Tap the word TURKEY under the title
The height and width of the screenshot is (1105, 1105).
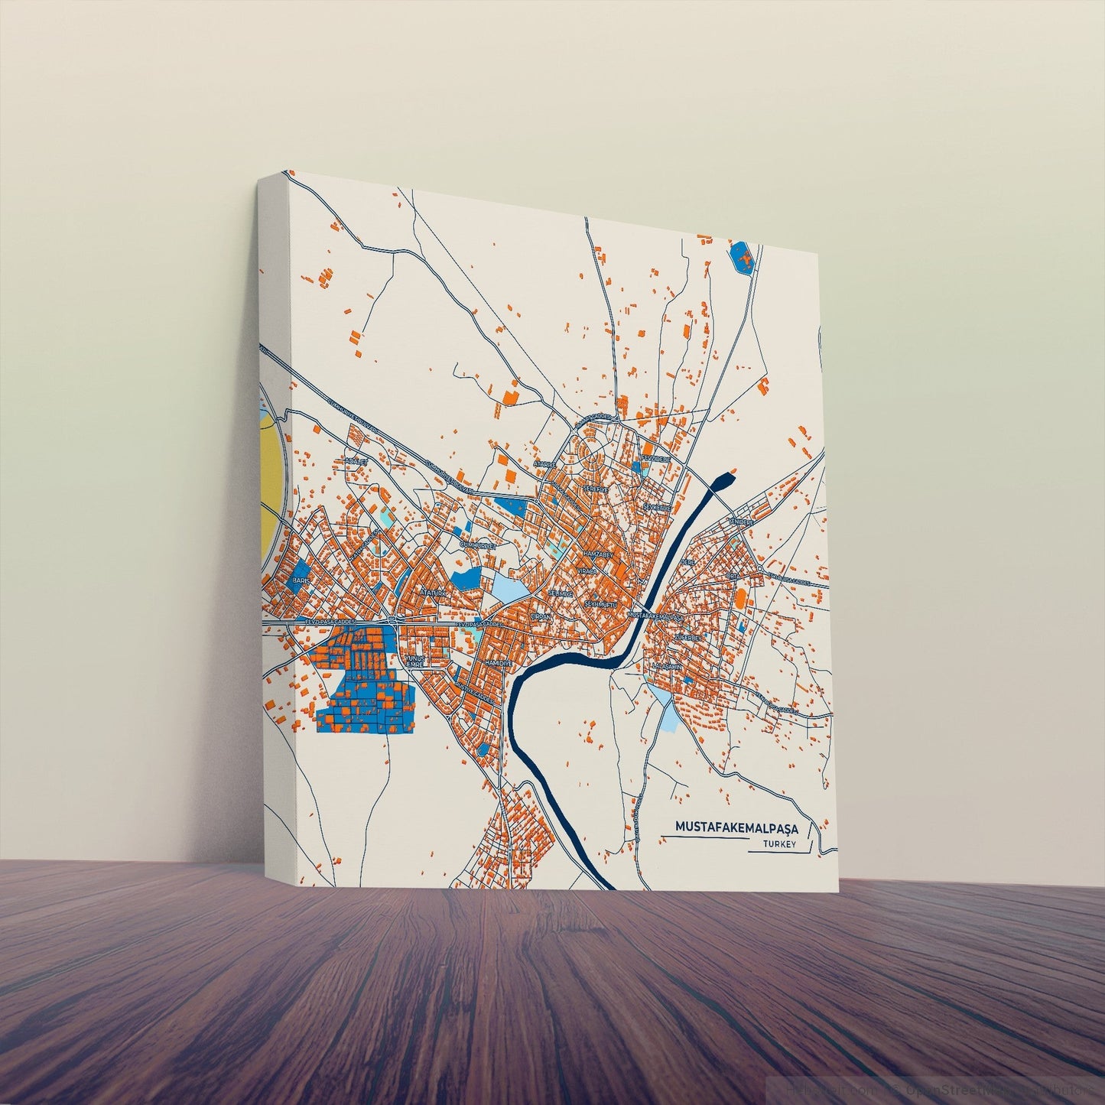[779, 844]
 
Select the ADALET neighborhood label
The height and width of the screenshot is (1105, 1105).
[356, 462]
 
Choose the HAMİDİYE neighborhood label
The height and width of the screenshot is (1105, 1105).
[497, 662]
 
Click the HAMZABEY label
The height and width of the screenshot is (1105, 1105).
[598, 552]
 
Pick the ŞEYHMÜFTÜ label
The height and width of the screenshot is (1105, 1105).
[600, 604]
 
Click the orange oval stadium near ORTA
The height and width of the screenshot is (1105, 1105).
[741, 597]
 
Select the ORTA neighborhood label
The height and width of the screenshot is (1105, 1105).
[732, 576]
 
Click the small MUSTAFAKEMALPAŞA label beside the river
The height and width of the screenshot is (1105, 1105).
[654, 615]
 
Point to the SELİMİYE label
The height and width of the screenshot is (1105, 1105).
[561, 593]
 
